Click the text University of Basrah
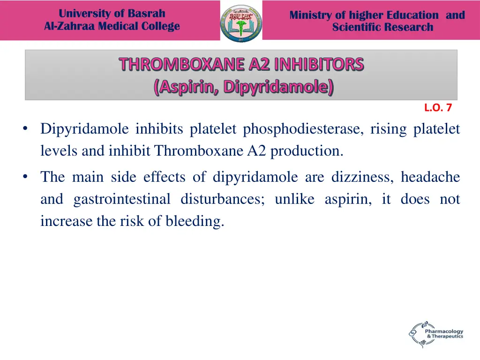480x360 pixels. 112,14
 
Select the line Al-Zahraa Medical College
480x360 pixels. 112,26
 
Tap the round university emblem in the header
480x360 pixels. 241,22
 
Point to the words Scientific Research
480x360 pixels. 382,27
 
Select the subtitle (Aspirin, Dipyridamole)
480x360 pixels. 243,87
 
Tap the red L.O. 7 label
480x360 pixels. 438,108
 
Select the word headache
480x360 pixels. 430,177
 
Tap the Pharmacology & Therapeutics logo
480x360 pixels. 436,333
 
